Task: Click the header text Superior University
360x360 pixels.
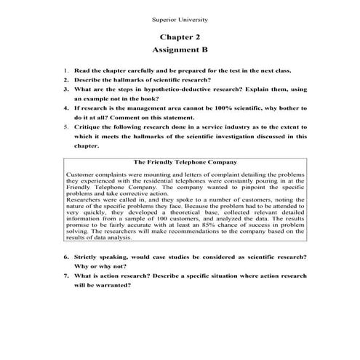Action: pyautogui.click(x=180, y=16)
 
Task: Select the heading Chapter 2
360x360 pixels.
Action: pyautogui.click(x=180, y=36)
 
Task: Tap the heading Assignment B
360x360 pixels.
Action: pyautogui.click(x=180, y=50)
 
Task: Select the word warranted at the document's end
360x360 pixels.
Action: pyautogui.click(x=110, y=285)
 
